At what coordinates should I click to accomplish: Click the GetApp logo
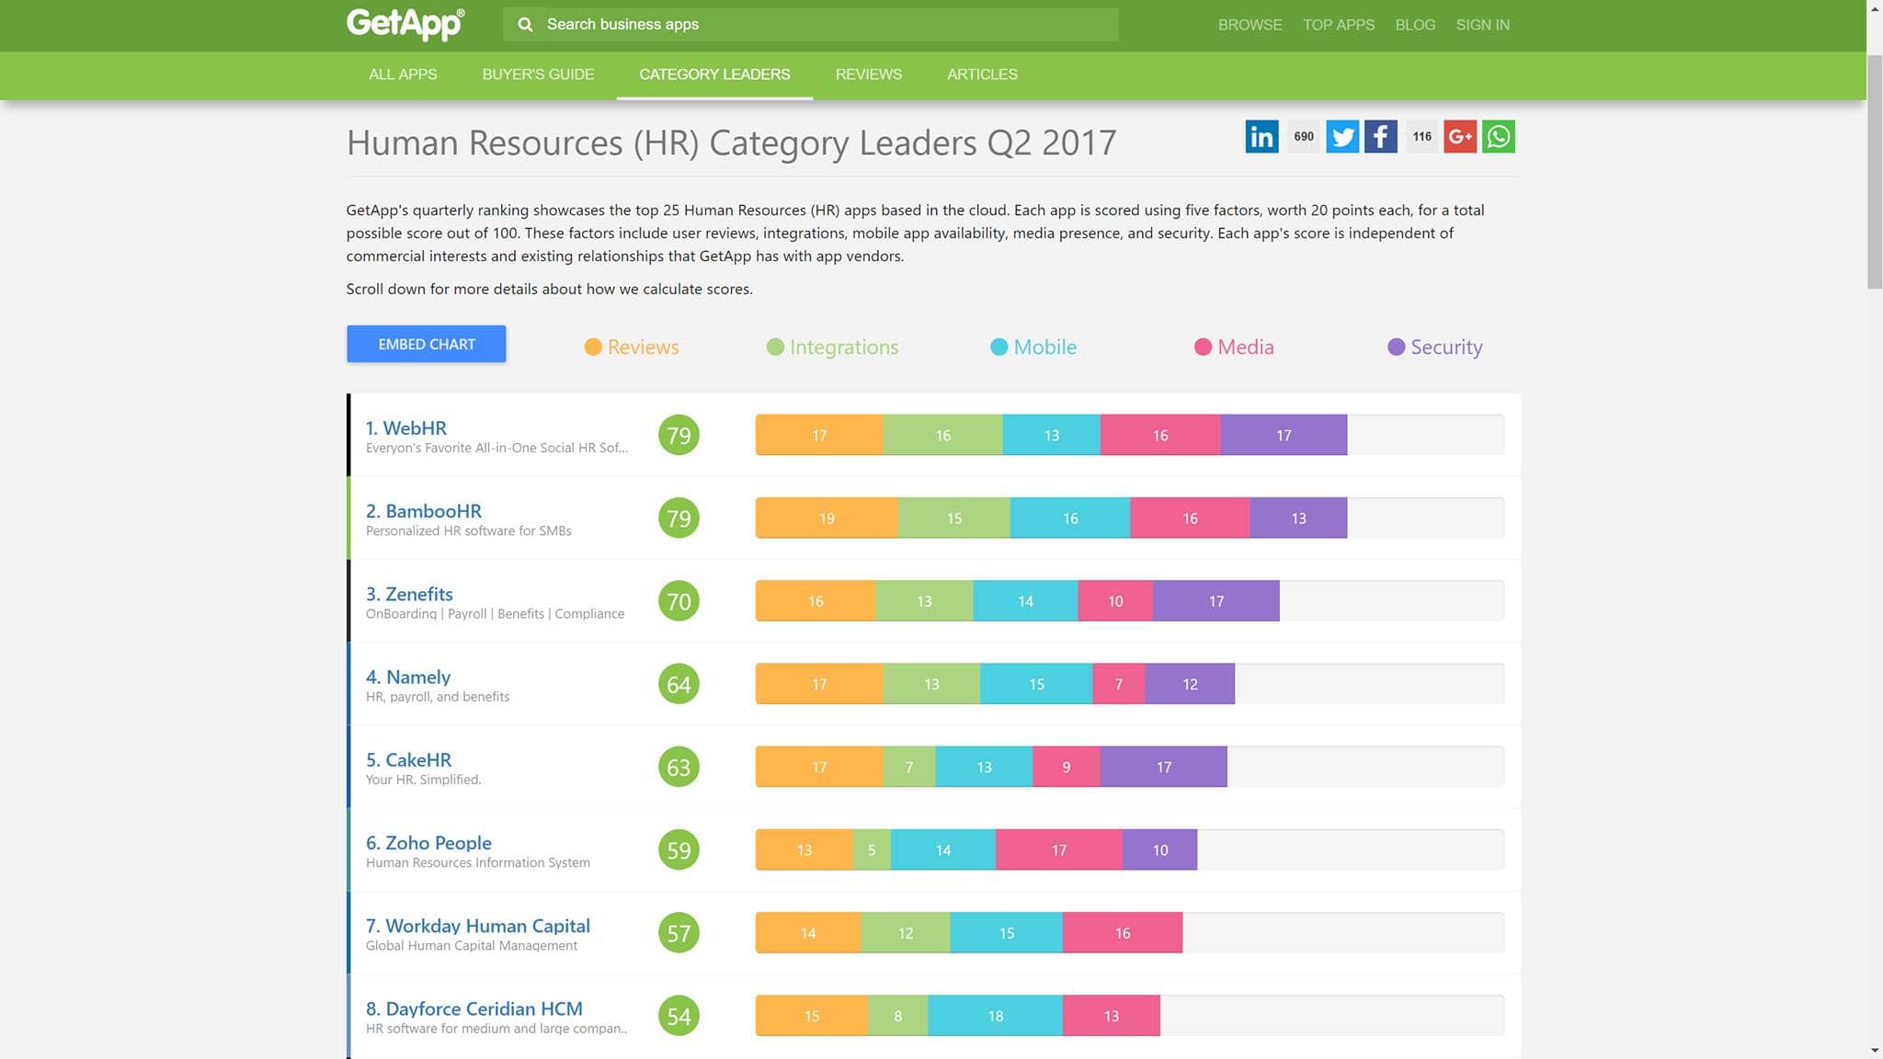405,23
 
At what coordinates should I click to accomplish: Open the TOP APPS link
1338,25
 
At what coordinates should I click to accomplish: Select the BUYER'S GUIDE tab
538,74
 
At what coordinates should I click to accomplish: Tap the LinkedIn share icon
1261,137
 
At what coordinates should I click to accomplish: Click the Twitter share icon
1341,137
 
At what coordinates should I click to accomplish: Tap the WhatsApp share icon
1498,137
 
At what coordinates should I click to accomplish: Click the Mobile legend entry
1033,347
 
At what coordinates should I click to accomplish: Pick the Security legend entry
1434,347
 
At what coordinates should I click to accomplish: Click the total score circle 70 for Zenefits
679,601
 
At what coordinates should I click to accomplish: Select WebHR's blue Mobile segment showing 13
1051,436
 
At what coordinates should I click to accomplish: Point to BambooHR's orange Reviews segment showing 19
827,518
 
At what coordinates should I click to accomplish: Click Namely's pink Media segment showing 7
1118,684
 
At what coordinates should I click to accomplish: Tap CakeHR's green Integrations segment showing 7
908,767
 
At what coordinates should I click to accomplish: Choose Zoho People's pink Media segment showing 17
1058,850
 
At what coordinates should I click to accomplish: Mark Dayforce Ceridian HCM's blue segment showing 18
995,1016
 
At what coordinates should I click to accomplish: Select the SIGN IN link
1482,25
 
